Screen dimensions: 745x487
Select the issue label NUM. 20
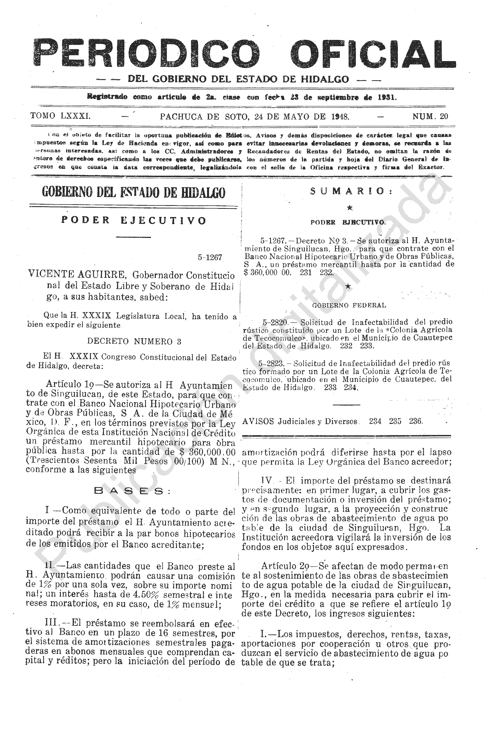(430, 117)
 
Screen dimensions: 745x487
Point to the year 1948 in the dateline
(339, 117)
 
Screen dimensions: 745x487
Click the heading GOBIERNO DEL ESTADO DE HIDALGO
(134, 192)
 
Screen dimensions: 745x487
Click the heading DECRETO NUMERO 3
(134, 341)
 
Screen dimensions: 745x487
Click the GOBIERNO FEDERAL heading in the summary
(349, 305)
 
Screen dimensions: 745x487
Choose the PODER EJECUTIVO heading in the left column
(134, 220)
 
